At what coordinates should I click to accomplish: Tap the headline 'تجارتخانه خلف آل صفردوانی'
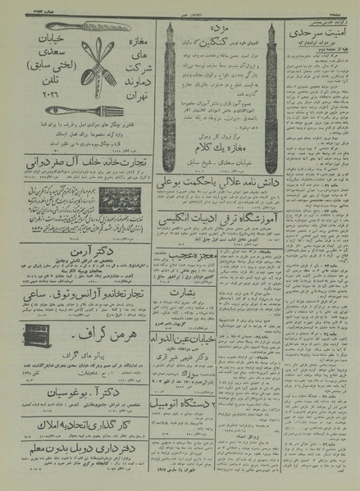[x=82, y=161]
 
